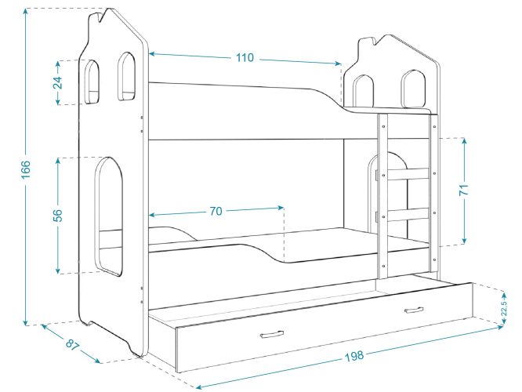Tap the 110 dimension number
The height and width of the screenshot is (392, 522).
[245, 57]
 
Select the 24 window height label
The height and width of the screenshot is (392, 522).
[57, 82]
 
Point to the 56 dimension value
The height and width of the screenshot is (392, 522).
[57, 215]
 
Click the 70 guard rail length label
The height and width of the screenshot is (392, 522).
[216, 211]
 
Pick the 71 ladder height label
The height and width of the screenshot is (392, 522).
[464, 189]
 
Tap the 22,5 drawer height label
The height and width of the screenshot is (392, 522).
[504, 308]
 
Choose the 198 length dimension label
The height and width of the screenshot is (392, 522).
[354, 356]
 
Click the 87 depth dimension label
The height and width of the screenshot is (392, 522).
[72, 344]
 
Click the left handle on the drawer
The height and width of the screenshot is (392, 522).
[272, 334]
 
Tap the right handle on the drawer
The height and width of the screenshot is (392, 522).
[414, 310]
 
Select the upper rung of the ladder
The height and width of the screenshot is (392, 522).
[408, 174]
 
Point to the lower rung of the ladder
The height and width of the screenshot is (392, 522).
[408, 215]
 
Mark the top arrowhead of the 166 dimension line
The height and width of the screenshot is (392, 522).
[26, 12]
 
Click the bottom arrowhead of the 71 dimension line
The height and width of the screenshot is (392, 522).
[465, 240]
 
